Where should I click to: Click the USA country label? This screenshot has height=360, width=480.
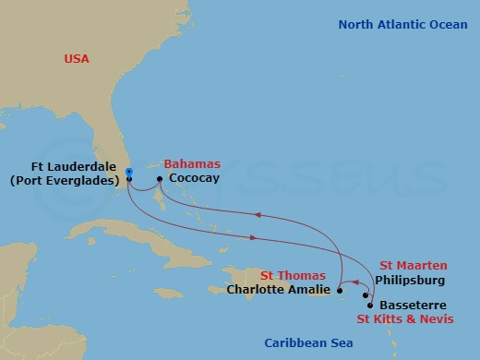[77, 59]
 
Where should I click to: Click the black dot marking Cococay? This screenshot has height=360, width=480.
[160, 179]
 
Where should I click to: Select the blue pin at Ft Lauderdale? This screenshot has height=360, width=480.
[129, 172]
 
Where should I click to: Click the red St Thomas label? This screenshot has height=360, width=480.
[293, 275]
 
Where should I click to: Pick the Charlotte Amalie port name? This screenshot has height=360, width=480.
[279, 289]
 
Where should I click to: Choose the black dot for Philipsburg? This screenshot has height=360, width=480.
[366, 295]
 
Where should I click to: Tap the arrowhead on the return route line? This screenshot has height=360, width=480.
[258, 216]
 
